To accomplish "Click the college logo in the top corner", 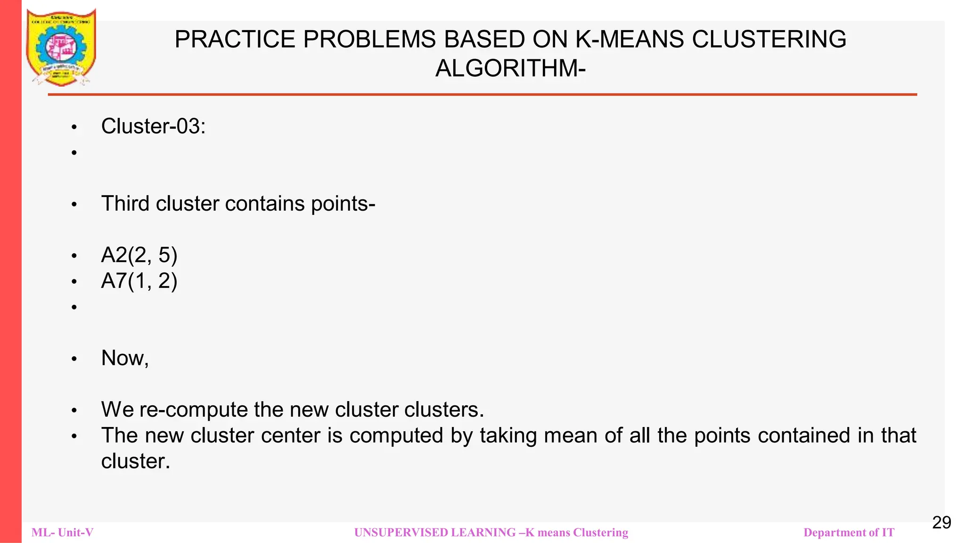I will [61, 48].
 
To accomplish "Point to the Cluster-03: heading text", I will [153, 126].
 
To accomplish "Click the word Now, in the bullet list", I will [125, 358].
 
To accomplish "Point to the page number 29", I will [941, 522].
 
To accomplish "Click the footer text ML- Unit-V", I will [62, 533].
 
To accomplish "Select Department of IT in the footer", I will [849, 533].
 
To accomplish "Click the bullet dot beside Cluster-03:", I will [74, 127].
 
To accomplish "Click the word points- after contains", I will [343, 204].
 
